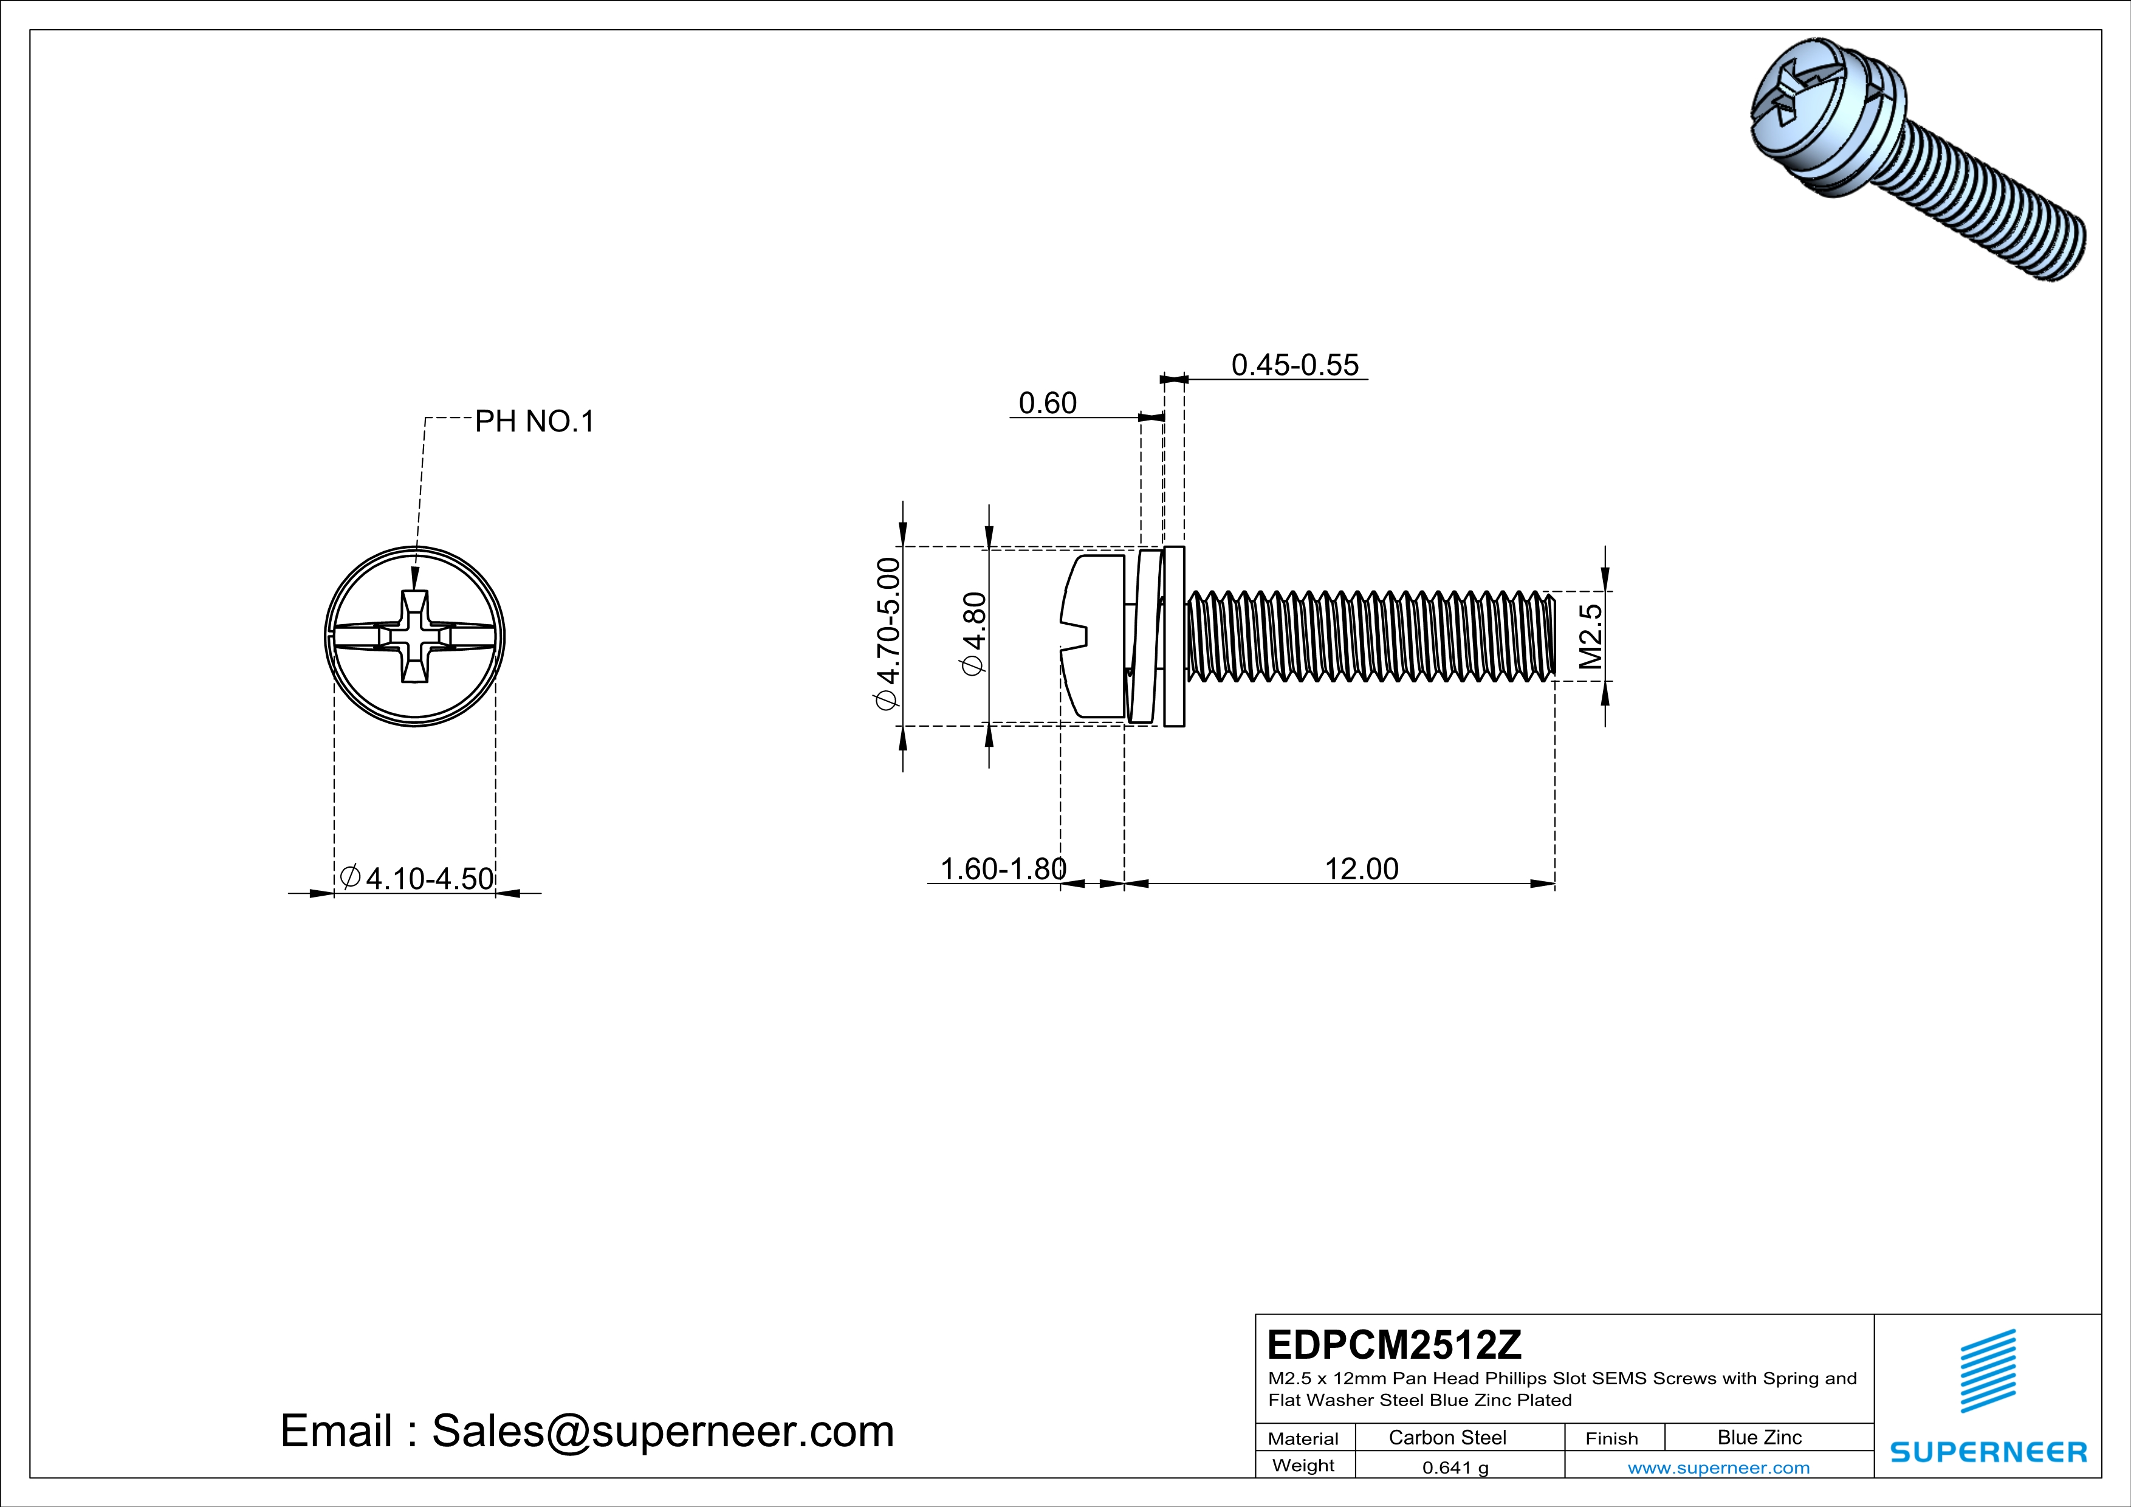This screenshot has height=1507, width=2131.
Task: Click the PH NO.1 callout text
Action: pyautogui.click(x=534, y=421)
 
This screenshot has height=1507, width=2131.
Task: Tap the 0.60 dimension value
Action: pyautogui.click(x=1047, y=403)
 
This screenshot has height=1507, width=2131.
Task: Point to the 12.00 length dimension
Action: pyautogui.click(x=1361, y=868)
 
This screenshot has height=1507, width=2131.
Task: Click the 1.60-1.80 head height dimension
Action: pyautogui.click(x=1003, y=868)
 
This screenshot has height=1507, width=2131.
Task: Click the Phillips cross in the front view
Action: pyautogui.click(x=415, y=637)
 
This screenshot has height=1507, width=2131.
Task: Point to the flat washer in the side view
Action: pyautogui.click(x=1174, y=637)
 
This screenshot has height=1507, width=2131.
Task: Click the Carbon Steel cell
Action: pyautogui.click(x=1447, y=1437)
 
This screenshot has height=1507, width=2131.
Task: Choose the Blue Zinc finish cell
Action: pyautogui.click(x=1759, y=1437)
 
